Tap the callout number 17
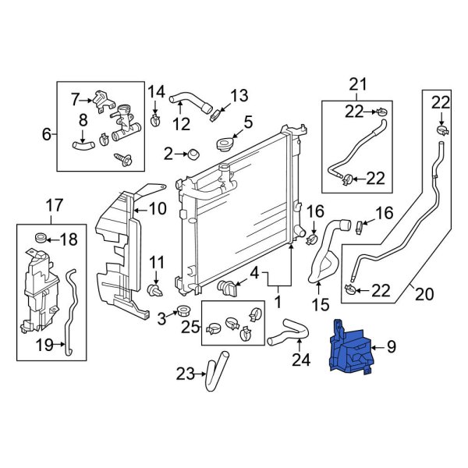pyautogui.click(x=54, y=206)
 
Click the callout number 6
pyautogui.click(x=47, y=134)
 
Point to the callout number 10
pyautogui.click(x=158, y=208)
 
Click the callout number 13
pyautogui.click(x=239, y=95)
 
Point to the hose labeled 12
pyautogui.click(x=187, y=101)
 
